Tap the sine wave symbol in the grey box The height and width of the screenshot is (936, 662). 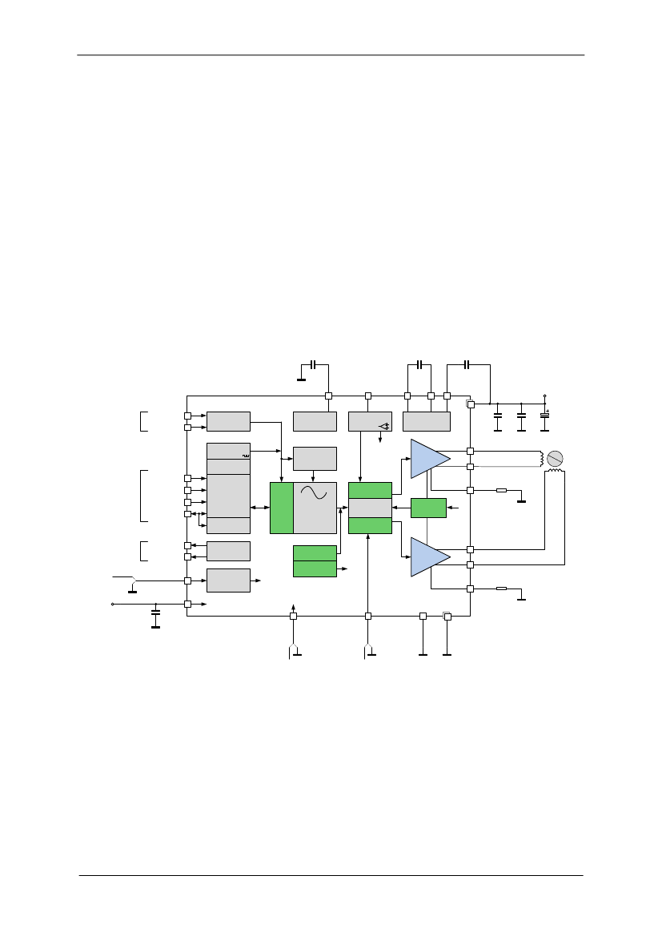[315, 493]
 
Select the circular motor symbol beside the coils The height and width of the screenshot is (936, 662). [554, 459]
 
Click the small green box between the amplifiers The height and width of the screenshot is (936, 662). [428, 508]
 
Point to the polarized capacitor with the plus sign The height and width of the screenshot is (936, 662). [545, 415]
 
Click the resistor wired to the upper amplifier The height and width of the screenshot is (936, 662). [502, 490]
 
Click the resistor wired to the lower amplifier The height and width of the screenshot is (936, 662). [502, 589]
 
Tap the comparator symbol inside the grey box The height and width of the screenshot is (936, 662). [384, 425]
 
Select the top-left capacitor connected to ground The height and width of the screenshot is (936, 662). [313, 364]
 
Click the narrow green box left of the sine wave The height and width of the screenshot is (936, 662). [282, 508]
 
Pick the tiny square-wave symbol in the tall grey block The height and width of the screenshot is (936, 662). [245, 456]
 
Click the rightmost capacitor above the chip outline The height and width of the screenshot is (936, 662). [467, 364]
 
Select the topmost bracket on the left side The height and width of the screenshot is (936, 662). [143, 421]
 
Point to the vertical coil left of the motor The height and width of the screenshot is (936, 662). [542, 459]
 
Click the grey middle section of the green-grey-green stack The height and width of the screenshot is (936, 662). [370, 508]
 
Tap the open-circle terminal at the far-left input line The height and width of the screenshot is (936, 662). [112, 604]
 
